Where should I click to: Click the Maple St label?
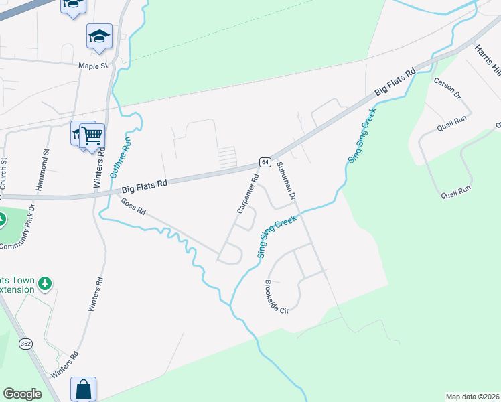point(93,66)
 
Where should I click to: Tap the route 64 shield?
point(265,163)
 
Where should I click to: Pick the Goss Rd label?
point(133,206)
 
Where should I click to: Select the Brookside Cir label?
point(277,296)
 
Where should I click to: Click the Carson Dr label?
point(447,89)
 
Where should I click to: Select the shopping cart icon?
point(92,136)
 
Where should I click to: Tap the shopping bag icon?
point(84,389)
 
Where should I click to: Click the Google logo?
point(23,394)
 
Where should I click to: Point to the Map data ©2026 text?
point(473,397)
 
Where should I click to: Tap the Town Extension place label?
point(17,284)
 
